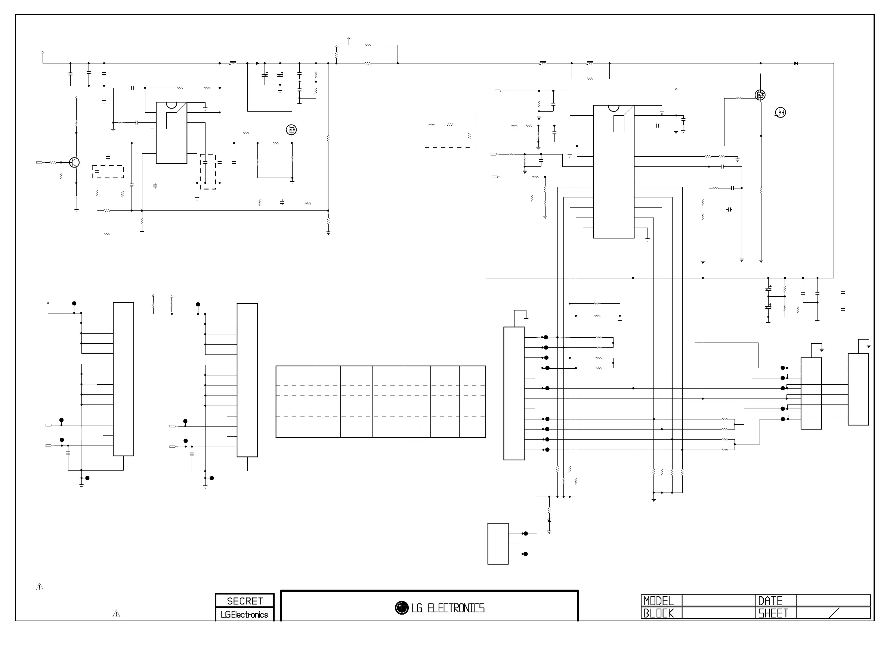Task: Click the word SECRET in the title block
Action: (x=244, y=601)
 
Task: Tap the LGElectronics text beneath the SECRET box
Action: (x=244, y=615)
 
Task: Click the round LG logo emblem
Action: (x=402, y=608)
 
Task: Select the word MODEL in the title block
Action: (x=658, y=601)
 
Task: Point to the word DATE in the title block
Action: (x=770, y=601)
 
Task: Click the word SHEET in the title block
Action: (x=773, y=613)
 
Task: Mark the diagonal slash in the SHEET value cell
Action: (x=834, y=613)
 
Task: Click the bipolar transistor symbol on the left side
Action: (x=74, y=162)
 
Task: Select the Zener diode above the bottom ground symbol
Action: (x=549, y=520)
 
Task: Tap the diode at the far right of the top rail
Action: (x=796, y=63)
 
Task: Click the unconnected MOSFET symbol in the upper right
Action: (x=780, y=113)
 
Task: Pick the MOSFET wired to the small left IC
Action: (x=291, y=130)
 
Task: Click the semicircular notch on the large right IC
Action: (x=614, y=108)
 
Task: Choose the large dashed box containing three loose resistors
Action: (x=447, y=127)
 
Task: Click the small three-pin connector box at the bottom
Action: (x=498, y=544)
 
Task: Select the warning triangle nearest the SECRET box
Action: (x=116, y=614)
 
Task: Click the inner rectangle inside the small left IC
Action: (x=171, y=121)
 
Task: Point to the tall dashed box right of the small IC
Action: (x=208, y=172)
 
